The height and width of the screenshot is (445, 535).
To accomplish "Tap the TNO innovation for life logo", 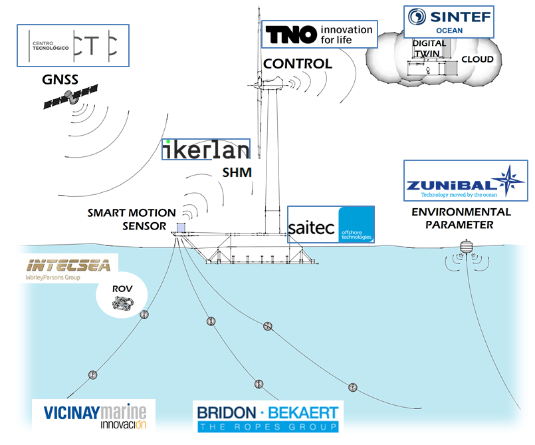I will (x=320, y=34).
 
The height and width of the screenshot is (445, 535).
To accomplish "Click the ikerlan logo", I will (x=207, y=150).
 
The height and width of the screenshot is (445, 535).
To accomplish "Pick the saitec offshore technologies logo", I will (x=331, y=225).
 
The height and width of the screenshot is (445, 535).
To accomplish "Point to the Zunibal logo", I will (x=465, y=180).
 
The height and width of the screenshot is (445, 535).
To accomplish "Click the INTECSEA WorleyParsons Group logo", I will (x=60, y=267).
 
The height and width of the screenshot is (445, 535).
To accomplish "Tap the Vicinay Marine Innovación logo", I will (x=94, y=415).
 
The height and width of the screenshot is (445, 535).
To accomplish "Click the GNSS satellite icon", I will (x=70, y=98).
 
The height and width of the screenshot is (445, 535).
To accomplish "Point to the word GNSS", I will (x=60, y=80).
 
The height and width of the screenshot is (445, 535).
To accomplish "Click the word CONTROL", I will (x=297, y=64).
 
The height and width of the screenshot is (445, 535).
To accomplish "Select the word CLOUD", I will (x=477, y=59).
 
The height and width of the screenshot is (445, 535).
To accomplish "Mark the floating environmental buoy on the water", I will (x=465, y=249).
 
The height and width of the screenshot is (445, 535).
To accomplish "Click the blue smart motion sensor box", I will (x=181, y=227).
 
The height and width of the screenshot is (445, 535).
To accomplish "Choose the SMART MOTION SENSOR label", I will (x=132, y=219).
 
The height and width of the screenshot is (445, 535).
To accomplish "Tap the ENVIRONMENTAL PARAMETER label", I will (x=461, y=218).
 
